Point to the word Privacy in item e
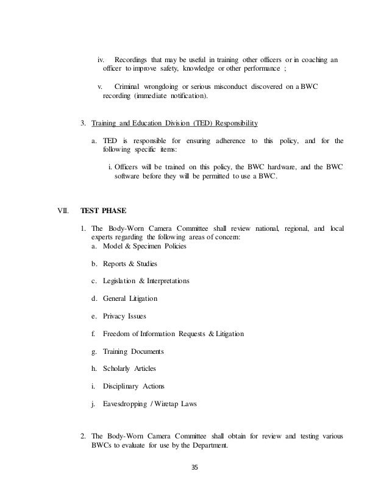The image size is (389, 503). point(115,317)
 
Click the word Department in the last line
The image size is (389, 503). point(223,445)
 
